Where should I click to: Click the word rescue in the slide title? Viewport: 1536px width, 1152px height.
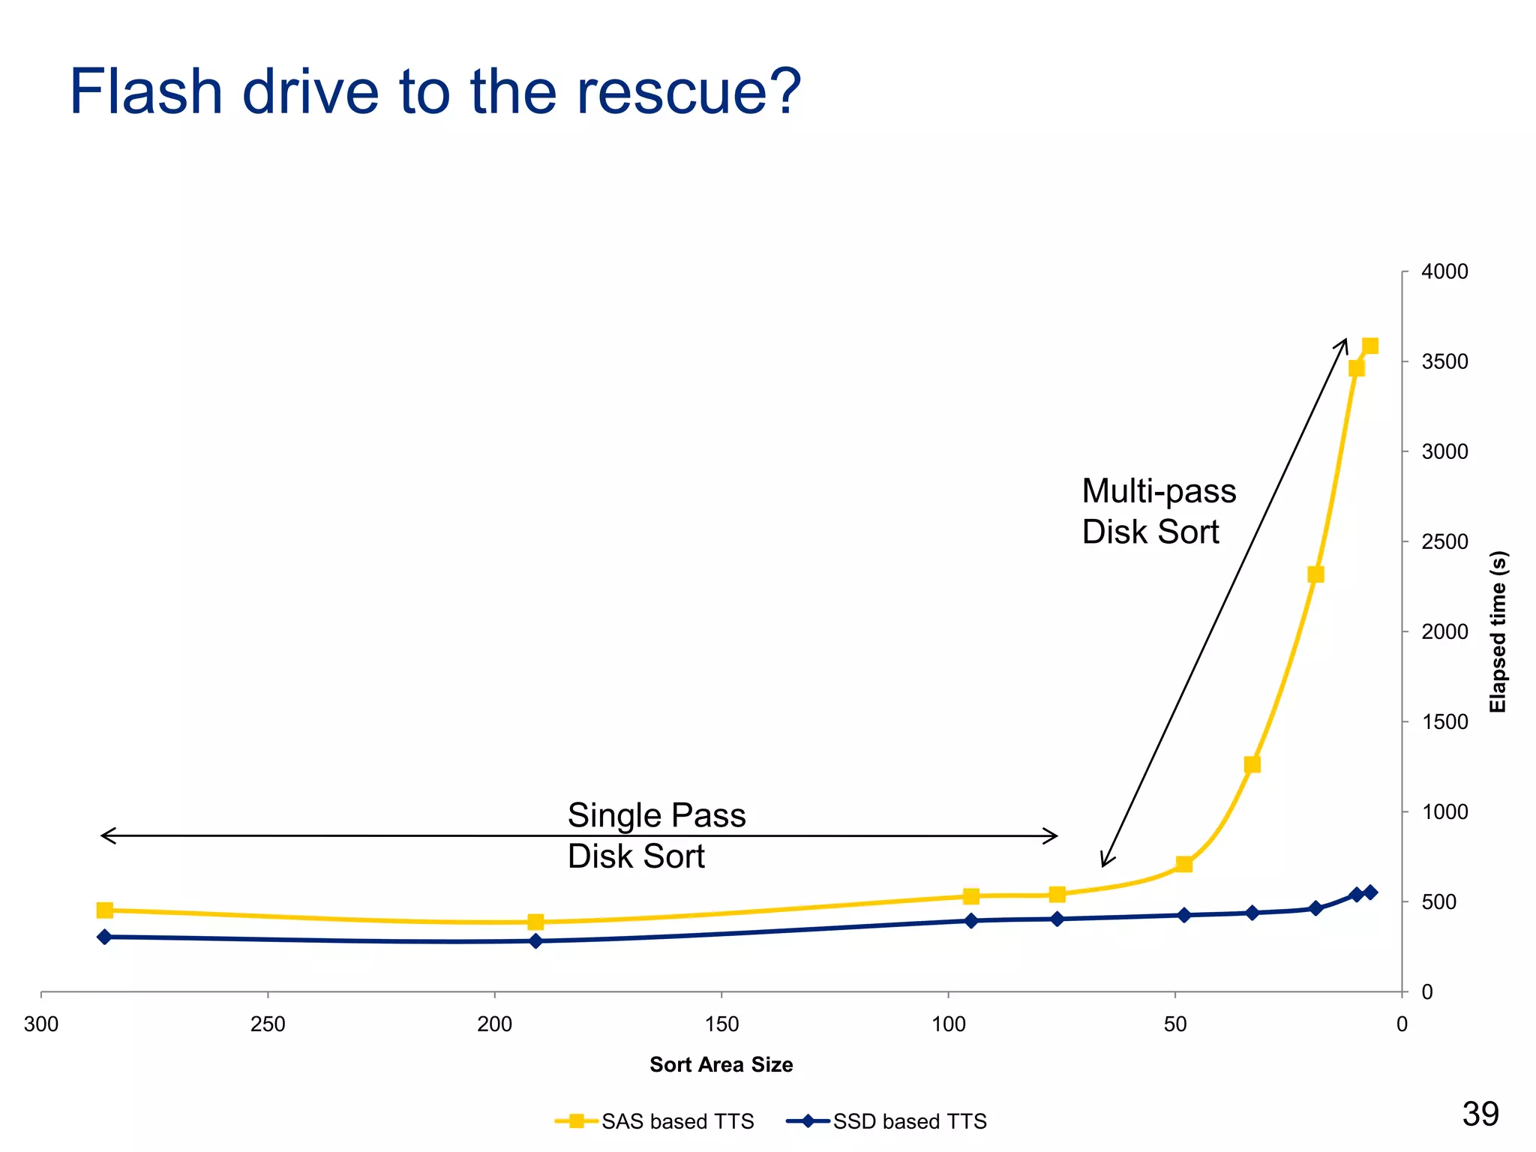(688, 92)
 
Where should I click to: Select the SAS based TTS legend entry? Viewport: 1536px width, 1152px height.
(654, 1121)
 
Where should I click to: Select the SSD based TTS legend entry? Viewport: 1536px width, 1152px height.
(886, 1121)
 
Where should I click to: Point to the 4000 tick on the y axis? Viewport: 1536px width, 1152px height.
(1444, 271)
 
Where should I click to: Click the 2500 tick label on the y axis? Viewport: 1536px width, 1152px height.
(1444, 541)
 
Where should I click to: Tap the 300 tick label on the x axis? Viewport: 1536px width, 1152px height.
(40, 1024)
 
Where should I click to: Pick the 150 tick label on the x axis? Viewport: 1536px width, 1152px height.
(721, 1024)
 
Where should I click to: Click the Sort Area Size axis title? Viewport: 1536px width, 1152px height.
(721, 1065)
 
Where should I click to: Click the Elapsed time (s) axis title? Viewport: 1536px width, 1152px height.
(1498, 631)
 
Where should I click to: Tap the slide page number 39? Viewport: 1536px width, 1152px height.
(1480, 1114)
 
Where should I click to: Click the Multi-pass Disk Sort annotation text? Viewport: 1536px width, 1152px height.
(1158, 511)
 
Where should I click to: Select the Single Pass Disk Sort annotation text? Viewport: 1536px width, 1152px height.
(655, 835)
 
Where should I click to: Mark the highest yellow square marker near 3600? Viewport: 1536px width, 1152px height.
(1370, 346)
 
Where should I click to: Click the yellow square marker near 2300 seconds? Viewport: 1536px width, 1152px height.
(1315, 574)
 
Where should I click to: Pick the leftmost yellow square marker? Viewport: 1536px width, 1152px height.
(105, 910)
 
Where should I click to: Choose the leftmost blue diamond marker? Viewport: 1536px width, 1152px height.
(105, 937)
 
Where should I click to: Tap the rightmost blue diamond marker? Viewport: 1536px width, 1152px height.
(1370, 892)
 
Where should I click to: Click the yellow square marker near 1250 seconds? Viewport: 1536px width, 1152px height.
(1252, 765)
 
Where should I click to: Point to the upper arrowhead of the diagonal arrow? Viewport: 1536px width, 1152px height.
(1345, 340)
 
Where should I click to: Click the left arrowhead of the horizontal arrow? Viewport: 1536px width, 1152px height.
(103, 835)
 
